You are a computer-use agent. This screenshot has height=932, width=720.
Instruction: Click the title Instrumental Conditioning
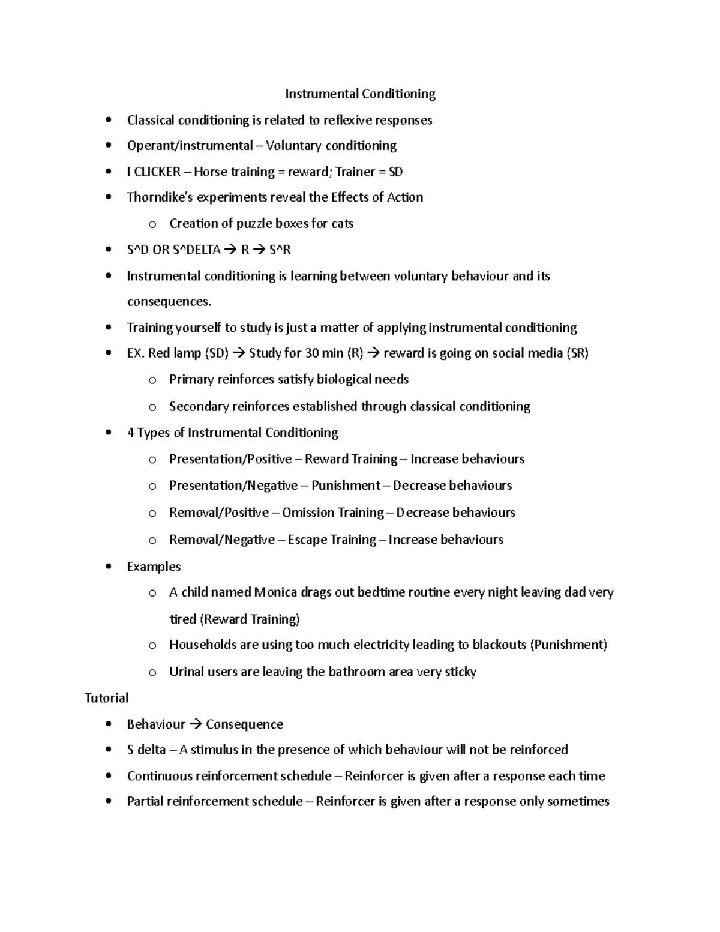pyautogui.click(x=360, y=94)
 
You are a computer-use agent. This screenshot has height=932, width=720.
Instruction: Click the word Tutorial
pyautogui.click(x=106, y=698)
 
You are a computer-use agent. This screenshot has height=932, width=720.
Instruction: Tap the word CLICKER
pyautogui.click(x=157, y=172)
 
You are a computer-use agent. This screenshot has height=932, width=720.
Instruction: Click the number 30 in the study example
pyautogui.click(x=311, y=353)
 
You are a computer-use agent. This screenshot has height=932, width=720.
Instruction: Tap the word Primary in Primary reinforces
pyautogui.click(x=191, y=380)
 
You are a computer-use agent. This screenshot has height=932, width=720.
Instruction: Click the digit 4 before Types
pyautogui.click(x=130, y=433)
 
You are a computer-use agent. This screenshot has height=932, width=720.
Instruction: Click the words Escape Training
pyautogui.click(x=332, y=540)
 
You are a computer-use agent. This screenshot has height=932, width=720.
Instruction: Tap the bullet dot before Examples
pyautogui.click(x=108, y=567)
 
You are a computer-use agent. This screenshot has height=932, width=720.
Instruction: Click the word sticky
pyautogui.click(x=460, y=672)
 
